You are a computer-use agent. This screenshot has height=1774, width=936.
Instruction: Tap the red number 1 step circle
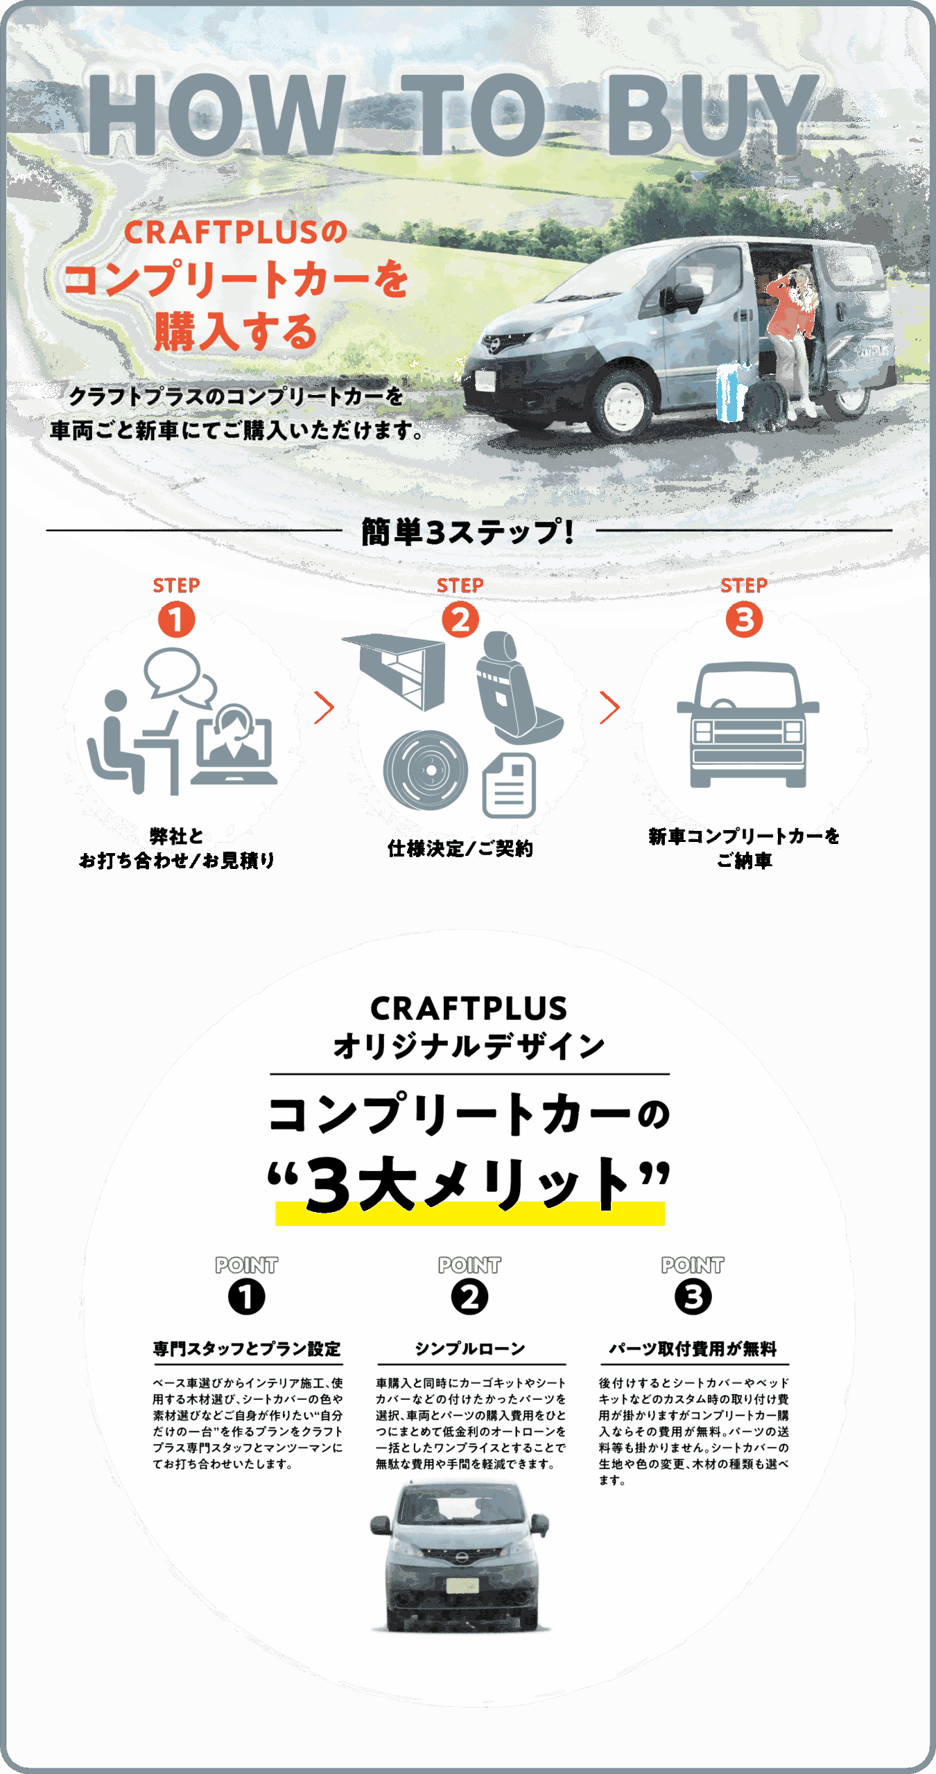tap(176, 620)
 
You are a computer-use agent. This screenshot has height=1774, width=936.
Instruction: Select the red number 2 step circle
tap(460, 620)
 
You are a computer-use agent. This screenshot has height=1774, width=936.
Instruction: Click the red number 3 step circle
tap(744, 620)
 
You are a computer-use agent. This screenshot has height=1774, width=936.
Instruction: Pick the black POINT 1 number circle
tap(246, 1297)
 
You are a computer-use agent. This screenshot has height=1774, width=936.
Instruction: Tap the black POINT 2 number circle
tap(469, 1297)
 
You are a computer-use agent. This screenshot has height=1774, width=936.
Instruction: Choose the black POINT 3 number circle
tap(693, 1297)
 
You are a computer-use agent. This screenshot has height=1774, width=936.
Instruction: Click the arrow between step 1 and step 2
tap(324, 708)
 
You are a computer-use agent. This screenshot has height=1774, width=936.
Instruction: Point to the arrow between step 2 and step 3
tap(609, 708)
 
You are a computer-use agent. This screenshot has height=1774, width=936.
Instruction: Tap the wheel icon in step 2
tap(426, 771)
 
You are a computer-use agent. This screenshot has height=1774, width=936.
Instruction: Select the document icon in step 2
tap(509, 785)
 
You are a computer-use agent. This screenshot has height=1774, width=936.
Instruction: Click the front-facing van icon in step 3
tap(747, 725)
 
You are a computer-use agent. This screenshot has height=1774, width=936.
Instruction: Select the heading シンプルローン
tap(470, 1349)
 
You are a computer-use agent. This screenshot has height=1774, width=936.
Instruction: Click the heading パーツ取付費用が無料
tap(693, 1349)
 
